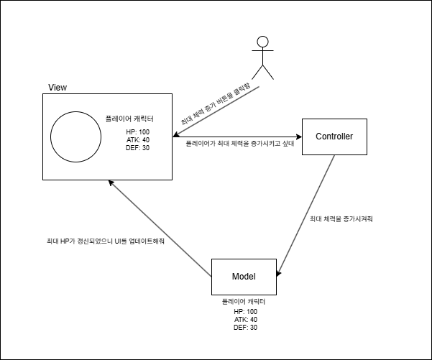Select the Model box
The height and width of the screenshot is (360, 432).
(244, 277)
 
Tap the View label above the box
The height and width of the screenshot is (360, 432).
(58, 88)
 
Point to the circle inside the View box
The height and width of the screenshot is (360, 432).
(75, 137)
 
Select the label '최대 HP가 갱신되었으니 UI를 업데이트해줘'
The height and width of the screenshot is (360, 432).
(101, 242)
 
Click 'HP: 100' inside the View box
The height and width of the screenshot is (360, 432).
(138, 131)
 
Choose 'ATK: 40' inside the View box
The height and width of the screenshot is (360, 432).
(138, 139)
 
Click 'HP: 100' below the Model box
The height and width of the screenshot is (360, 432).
(245, 311)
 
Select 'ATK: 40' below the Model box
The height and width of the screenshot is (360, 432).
(245, 319)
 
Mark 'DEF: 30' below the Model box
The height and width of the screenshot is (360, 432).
(245, 327)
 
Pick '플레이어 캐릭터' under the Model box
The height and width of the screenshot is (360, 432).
(244, 303)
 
